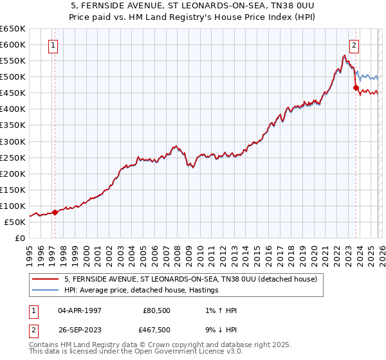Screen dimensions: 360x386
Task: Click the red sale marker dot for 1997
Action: (x=55, y=212)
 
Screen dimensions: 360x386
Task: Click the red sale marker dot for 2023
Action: (x=356, y=87)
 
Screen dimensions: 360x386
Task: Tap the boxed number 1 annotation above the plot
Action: (x=52, y=45)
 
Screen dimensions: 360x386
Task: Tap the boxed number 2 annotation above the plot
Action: (x=354, y=45)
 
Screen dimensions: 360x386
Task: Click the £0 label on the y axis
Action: (x=21, y=238)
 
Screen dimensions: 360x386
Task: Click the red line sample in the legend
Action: (x=45, y=280)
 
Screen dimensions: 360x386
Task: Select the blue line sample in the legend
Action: (x=45, y=291)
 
